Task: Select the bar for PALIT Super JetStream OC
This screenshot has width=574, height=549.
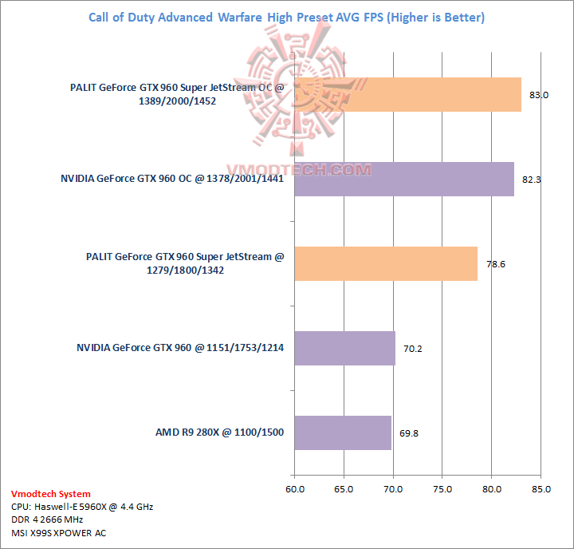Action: pos(407,95)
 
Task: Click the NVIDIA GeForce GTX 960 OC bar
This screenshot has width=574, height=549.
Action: pos(404,180)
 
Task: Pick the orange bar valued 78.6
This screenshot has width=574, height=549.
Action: pos(386,263)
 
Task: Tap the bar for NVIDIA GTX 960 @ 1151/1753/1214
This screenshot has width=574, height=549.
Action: pos(344,348)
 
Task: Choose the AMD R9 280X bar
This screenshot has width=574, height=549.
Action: pos(343,432)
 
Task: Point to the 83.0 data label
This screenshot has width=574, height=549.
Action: pos(539,95)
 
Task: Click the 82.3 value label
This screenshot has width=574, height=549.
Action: pos(532,180)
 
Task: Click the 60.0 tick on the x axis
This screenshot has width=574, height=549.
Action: pos(295,488)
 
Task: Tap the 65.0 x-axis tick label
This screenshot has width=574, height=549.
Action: pos(344,488)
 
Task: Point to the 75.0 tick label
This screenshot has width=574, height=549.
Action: pos(442,488)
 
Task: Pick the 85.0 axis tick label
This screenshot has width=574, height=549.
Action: pos(541,488)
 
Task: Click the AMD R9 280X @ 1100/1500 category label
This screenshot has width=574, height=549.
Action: pos(219,432)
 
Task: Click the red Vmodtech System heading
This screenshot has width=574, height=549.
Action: pos(51,494)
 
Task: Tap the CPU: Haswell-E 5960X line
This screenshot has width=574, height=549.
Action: pos(82,506)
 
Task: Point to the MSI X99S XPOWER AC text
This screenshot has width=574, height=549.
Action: pos(58,533)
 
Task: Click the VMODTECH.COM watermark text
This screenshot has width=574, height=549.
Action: pos(300,170)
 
